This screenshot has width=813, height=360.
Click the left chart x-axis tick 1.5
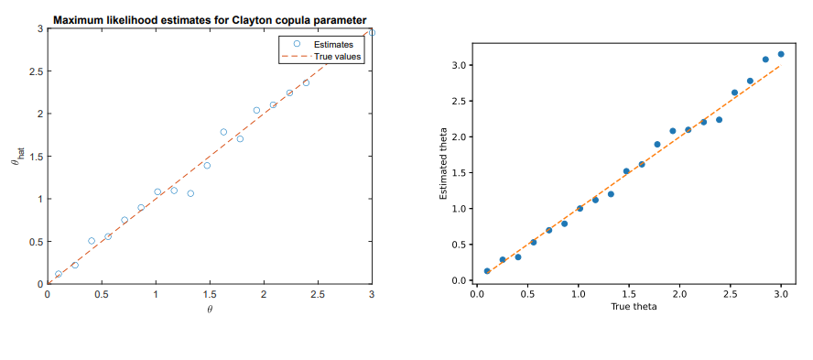209,294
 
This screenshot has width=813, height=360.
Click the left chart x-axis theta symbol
210,309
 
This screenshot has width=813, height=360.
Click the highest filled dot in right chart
781,54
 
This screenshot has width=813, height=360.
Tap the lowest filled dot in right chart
487,271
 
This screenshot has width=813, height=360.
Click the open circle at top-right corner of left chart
372,32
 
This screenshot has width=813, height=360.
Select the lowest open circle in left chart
59,274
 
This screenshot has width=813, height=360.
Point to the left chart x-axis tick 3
372,294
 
